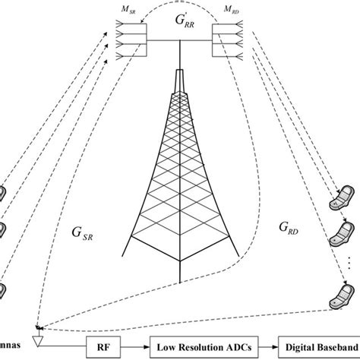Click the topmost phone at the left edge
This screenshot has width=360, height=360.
[4, 192]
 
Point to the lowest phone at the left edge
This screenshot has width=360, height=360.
[4, 289]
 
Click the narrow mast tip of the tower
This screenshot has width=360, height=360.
[180, 80]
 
